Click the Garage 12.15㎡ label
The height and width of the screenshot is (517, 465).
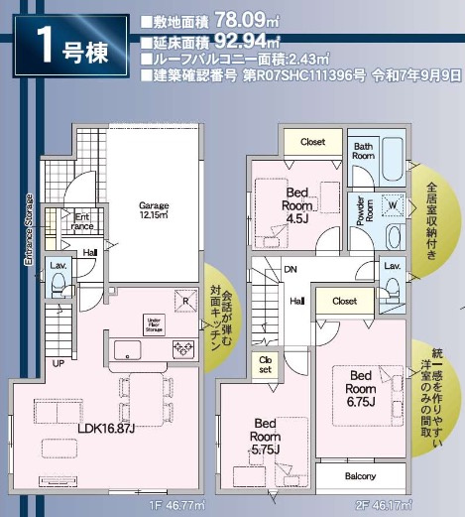pos(153,209)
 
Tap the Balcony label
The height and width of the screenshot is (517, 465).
pos(360,476)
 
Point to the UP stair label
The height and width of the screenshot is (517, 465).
pos(58,362)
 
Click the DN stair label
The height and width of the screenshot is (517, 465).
pos(291,268)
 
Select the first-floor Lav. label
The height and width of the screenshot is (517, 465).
pos(57,266)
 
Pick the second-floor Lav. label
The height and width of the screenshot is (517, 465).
pos(391,267)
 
